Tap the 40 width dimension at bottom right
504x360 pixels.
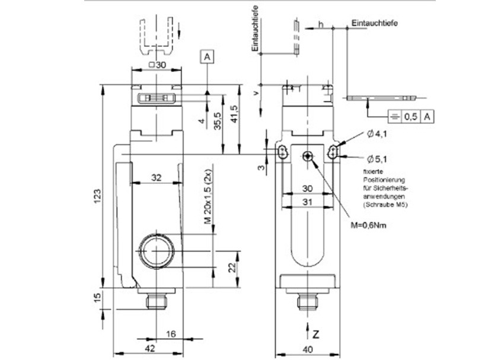308,349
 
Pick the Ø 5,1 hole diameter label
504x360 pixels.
377,158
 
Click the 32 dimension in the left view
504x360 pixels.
155,177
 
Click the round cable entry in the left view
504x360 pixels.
157,250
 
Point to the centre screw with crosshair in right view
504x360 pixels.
307,156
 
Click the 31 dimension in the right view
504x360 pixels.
308,202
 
